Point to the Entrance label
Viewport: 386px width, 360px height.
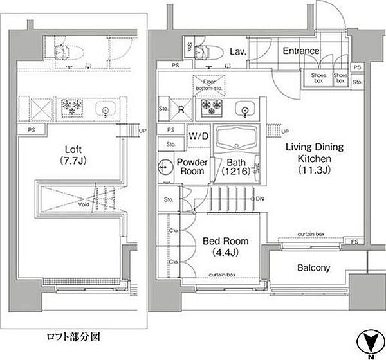click(x=300, y=51)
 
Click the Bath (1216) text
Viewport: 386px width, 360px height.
click(x=232, y=167)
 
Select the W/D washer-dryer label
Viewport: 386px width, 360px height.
click(x=198, y=136)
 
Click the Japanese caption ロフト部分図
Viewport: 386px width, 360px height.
click(x=73, y=337)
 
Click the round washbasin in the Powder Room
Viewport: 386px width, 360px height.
click(x=165, y=165)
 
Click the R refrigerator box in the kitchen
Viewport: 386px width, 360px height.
click(x=182, y=109)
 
